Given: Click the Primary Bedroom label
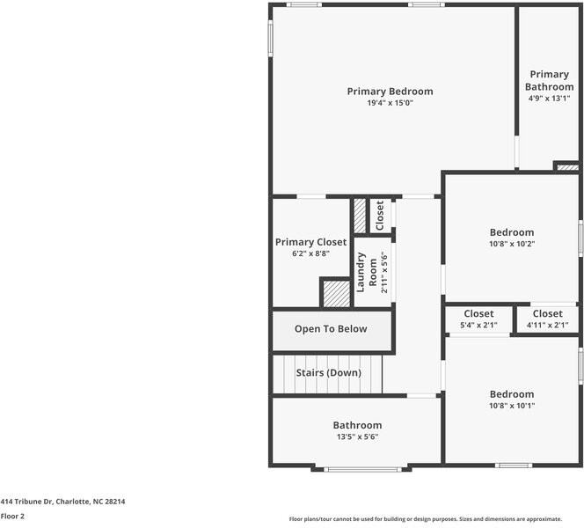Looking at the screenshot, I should (x=390, y=92).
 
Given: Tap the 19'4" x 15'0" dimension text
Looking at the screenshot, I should (x=390, y=103).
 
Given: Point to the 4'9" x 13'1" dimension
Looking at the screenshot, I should (x=549, y=99).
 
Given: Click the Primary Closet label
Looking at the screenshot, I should (x=310, y=242).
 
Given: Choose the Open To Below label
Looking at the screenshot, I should (x=331, y=329).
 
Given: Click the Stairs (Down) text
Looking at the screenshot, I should (x=328, y=373).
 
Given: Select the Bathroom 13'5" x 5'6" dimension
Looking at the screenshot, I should (x=356, y=436).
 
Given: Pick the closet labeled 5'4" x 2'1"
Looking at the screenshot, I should (x=478, y=325).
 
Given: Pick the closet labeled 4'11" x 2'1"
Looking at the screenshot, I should (x=547, y=325).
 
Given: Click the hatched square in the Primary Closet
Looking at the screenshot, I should (x=335, y=293).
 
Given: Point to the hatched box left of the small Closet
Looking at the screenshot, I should (x=360, y=216).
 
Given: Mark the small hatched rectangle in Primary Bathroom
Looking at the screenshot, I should (x=566, y=165).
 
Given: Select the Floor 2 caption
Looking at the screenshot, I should (x=12, y=517).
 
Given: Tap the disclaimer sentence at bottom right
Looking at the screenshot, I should (x=436, y=518).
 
